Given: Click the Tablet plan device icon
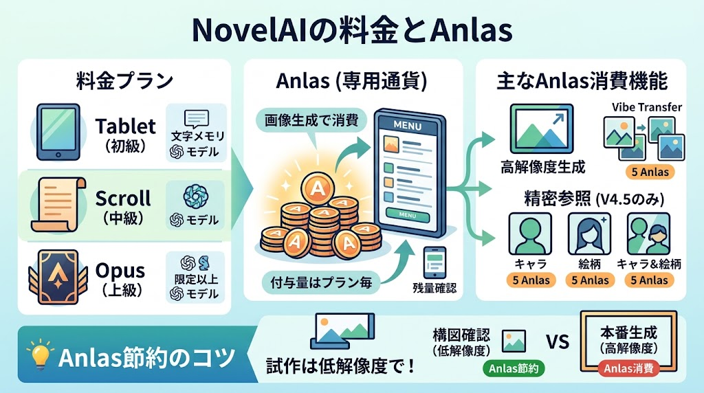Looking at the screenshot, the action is click(58, 133).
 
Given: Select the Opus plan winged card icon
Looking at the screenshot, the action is click(58, 277).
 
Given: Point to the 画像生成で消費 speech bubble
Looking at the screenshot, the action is click(311, 120).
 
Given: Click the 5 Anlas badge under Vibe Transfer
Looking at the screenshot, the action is click(650, 172).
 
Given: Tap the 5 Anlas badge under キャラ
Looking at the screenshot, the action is click(531, 280).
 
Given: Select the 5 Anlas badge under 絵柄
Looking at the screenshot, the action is click(590, 280).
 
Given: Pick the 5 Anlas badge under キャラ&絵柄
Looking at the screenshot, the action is click(649, 280).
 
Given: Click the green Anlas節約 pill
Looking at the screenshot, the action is click(514, 369).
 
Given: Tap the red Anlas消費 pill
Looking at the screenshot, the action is click(628, 369).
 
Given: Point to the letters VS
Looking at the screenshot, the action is click(558, 342).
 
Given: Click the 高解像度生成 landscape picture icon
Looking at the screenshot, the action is click(542, 128).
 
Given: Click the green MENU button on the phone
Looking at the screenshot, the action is click(407, 215).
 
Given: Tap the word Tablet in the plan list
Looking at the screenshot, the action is click(126, 126).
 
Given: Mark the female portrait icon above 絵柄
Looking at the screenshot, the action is click(589, 234).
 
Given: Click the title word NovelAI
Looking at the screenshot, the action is click(253, 30).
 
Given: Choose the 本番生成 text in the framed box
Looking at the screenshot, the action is click(628, 333).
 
